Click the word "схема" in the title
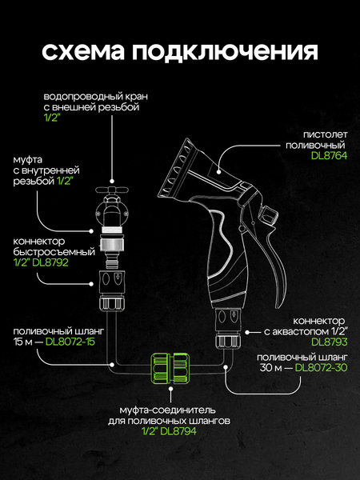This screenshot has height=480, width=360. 83,50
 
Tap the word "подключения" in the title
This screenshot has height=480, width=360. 225,52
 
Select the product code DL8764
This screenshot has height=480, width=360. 329,155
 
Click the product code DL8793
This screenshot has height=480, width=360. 330,342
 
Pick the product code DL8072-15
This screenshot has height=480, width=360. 70,342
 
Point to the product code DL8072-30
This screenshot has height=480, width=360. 321,367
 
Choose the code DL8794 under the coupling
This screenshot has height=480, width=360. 178,431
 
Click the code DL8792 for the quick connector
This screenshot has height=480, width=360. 50,262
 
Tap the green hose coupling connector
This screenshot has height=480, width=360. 170,368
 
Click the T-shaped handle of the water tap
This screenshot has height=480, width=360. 112,190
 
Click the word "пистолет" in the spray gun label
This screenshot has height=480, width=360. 326,134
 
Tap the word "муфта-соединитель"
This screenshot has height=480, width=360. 167,410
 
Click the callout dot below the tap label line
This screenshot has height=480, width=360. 112,182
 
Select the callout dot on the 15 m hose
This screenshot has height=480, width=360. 112,365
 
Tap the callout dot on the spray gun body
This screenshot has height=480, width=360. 219,172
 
